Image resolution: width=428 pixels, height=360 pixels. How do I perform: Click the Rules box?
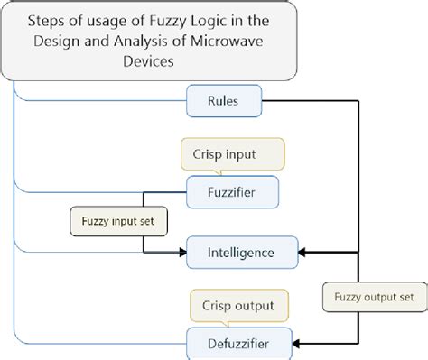click(222, 102)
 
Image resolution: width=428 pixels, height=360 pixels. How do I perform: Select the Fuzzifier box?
click(232, 191)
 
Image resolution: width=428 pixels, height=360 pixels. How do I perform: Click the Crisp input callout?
click(231, 154)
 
